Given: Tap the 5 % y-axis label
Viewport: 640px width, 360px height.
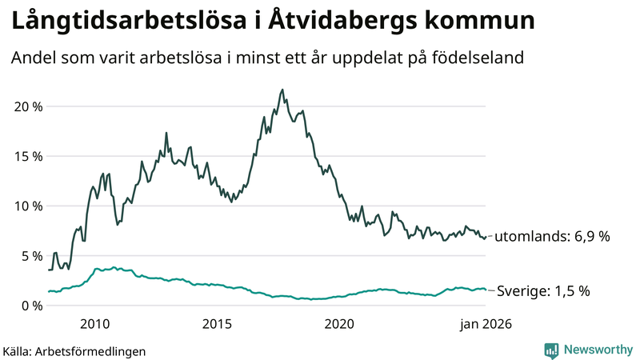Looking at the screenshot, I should [x=30, y=256].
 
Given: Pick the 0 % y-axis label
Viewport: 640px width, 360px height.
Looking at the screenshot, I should [x=30, y=306].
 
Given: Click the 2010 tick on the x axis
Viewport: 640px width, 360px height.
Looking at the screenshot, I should [x=94, y=324].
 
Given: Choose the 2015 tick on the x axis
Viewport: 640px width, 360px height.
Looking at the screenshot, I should [x=217, y=324].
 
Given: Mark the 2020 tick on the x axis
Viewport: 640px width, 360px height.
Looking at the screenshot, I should [x=339, y=324].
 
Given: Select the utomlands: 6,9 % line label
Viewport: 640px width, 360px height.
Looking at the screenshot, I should [x=552, y=237].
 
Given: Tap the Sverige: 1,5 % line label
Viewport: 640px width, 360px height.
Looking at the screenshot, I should [x=544, y=291].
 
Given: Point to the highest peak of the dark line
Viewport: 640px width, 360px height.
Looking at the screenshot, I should [x=282, y=90].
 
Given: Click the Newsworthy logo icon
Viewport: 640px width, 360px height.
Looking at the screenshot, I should [x=551, y=350].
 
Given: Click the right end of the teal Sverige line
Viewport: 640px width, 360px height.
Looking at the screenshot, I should [x=486, y=290].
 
